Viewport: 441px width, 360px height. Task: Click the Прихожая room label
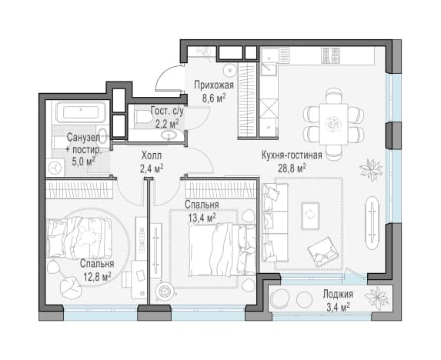click(214, 85)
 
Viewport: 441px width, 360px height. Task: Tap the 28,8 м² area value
click(292, 168)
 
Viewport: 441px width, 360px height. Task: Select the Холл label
click(152, 155)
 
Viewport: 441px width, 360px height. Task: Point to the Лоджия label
click(338, 295)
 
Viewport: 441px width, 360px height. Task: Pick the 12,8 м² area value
click(97, 277)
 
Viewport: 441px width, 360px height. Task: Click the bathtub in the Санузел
click(81, 112)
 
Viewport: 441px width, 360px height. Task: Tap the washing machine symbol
click(55, 168)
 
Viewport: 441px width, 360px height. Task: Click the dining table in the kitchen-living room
click(333, 124)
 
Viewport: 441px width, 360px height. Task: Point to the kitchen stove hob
click(330, 55)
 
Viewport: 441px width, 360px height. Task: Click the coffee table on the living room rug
click(310, 215)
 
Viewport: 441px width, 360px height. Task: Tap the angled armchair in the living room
click(322, 252)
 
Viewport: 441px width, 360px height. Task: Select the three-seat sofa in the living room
click(275, 222)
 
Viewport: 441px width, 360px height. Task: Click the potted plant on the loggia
click(376, 298)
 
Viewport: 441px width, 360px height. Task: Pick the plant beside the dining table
click(371, 170)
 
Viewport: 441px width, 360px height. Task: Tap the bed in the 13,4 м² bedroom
click(222, 249)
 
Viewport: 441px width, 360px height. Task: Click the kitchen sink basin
click(269, 67)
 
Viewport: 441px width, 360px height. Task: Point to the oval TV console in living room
click(373, 223)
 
